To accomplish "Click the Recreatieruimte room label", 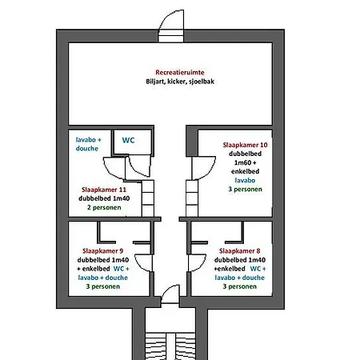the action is [x=180, y=72].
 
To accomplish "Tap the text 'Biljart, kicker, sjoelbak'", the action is [x=180, y=82].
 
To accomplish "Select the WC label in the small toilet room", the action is [x=128, y=140].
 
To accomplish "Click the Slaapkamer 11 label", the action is [x=104, y=190].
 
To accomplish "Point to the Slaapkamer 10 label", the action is [x=245, y=145].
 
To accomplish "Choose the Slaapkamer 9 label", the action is [x=103, y=251].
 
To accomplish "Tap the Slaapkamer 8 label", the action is [x=239, y=251].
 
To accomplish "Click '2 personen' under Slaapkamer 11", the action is [x=104, y=207].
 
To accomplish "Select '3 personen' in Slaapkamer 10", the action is [x=245, y=189].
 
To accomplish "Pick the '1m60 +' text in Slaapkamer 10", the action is [x=245, y=162].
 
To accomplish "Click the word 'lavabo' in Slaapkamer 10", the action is [x=245, y=180].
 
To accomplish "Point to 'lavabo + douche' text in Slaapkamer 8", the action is [x=239, y=278].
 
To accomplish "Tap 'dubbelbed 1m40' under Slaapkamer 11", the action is [x=104, y=198].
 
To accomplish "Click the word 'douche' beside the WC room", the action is [x=87, y=149].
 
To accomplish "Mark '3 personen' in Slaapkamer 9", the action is [x=103, y=286].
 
